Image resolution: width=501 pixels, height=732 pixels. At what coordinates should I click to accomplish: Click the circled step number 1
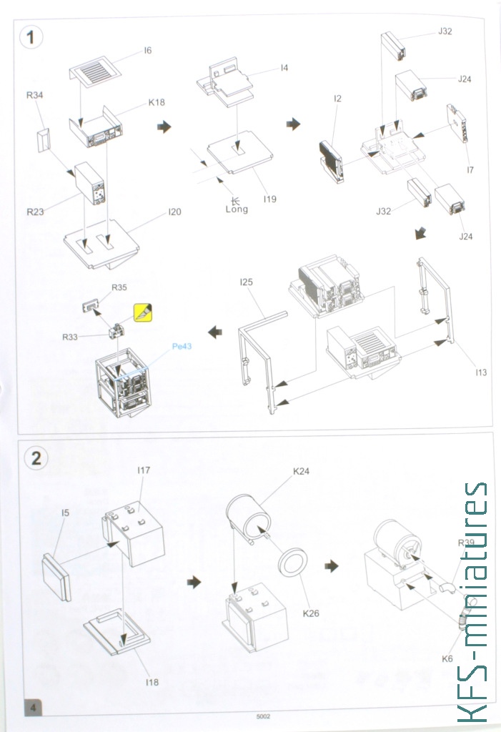point(31,37)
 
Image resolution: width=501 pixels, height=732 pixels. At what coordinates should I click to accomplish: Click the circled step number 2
point(36,458)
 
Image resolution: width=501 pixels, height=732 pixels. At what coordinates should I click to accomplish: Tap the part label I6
point(147,51)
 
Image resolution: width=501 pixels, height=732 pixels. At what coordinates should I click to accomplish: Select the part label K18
point(157,102)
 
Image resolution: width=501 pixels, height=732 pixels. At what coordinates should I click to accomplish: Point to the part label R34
point(34,95)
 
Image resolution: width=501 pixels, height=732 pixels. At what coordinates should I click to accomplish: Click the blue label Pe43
point(182,347)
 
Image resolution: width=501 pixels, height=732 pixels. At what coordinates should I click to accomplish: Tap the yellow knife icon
point(143,313)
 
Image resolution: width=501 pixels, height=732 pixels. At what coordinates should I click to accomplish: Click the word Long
point(237,209)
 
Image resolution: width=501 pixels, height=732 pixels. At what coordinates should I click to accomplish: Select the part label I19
point(270,199)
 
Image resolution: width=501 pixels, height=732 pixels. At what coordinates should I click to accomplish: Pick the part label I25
point(246,282)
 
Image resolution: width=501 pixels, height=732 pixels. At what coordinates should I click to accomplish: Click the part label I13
point(481,372)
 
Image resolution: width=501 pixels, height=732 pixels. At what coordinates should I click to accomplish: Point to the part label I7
point(470,170)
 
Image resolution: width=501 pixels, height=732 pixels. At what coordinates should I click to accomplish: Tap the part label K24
point(301,472)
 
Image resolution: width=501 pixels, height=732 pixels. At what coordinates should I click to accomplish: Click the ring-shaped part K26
point(293,560)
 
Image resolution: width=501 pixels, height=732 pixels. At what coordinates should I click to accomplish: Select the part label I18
point(152,682)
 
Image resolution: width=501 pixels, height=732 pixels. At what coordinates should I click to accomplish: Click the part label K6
point(447,658)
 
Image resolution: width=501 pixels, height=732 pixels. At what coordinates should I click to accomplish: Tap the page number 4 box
point(33,707)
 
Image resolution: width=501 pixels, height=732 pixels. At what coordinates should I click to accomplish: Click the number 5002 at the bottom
point(263,716)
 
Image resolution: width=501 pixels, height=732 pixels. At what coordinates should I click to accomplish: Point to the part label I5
point(65,513)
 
